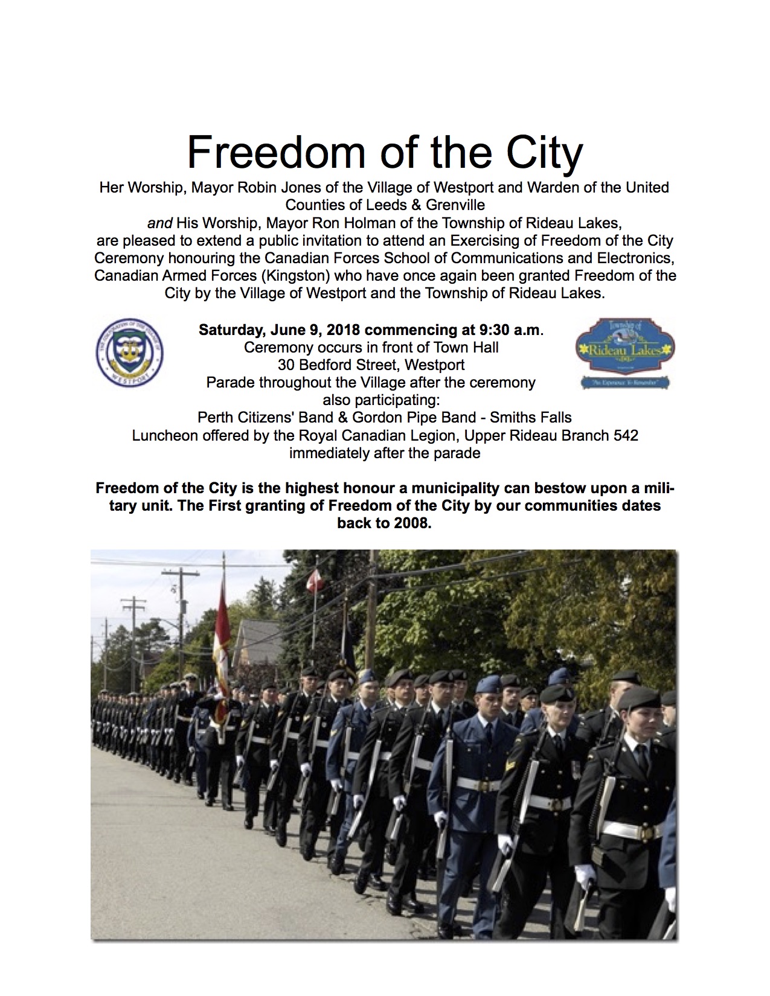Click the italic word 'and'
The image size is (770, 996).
[x=160, y=222]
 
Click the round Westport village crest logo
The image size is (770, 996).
[x=130, y=353]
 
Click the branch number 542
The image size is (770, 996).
[x=624, y=435]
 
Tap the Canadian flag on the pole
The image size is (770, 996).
[x=313, y=581]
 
